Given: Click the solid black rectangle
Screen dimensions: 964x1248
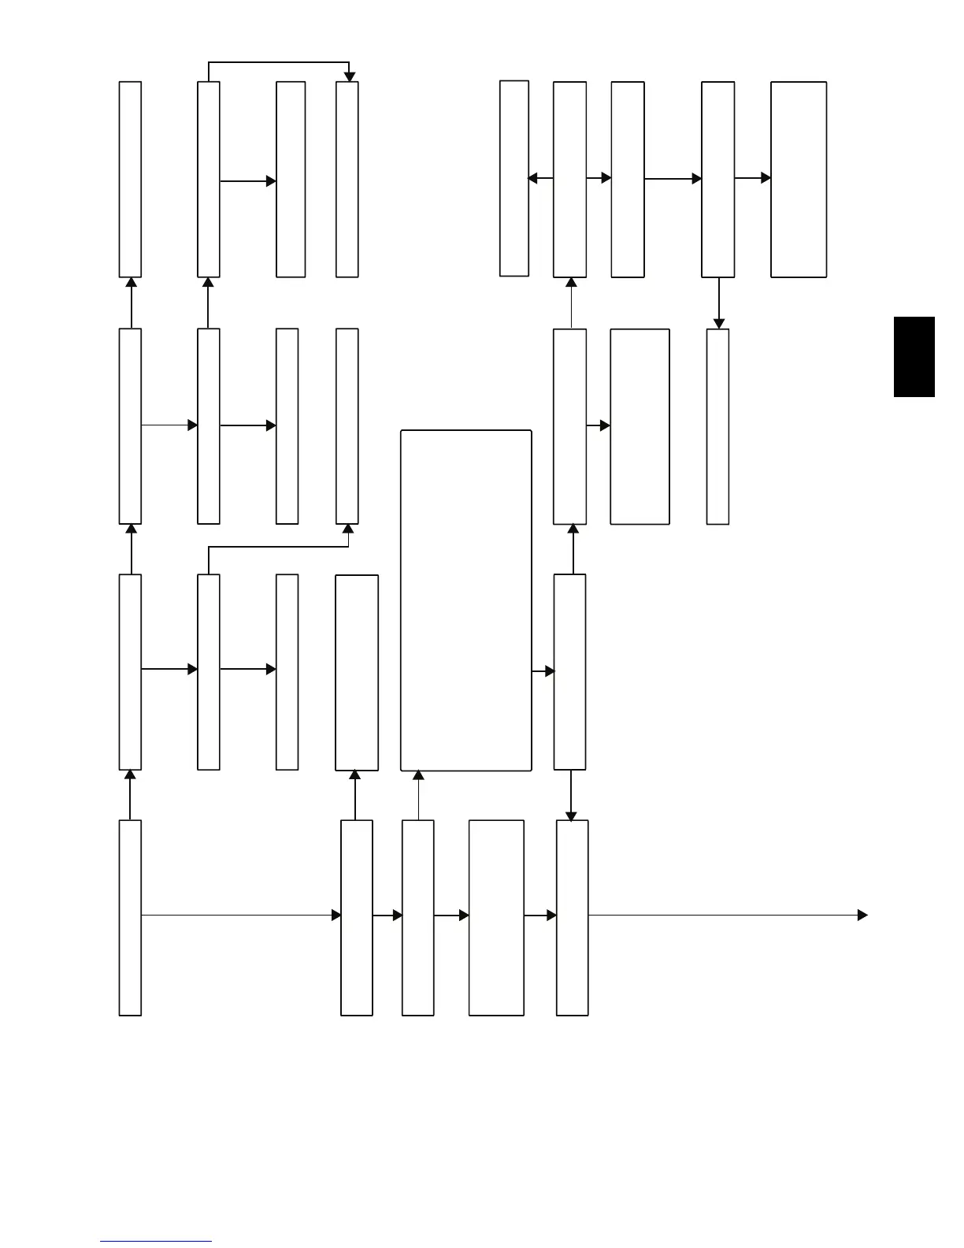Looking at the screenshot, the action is [914, 357].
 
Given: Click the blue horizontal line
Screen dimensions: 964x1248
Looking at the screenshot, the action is [156, 1241].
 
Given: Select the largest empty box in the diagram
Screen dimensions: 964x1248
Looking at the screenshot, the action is [466, 600].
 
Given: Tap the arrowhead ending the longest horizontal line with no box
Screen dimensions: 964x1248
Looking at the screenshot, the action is [862, 915].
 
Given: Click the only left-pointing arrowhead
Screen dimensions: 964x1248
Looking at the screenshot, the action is [532, 179].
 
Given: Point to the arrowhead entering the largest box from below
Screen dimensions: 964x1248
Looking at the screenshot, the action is [418, 775].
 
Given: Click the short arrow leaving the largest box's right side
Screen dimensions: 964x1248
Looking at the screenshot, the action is [543, 671].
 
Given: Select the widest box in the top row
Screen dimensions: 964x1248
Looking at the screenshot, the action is [799, 180].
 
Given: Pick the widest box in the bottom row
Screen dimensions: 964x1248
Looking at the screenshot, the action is [496, 918].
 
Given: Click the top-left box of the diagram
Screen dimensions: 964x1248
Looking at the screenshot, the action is [130, 180].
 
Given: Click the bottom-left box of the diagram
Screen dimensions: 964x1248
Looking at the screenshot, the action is [130, 918].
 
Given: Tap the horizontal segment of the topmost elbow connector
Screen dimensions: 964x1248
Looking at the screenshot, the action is [278, 62].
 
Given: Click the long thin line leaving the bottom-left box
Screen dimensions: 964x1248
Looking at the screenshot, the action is [236, 915].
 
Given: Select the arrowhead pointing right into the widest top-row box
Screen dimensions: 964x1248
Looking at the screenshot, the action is [766, 178].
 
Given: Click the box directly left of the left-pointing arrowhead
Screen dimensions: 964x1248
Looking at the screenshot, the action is [514, 178].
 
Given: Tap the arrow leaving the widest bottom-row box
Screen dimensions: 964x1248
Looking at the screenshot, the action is [540, 916].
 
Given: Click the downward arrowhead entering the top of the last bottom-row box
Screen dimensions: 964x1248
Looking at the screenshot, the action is [571, 815].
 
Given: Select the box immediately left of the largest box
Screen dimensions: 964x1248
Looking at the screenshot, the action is [357, 673].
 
